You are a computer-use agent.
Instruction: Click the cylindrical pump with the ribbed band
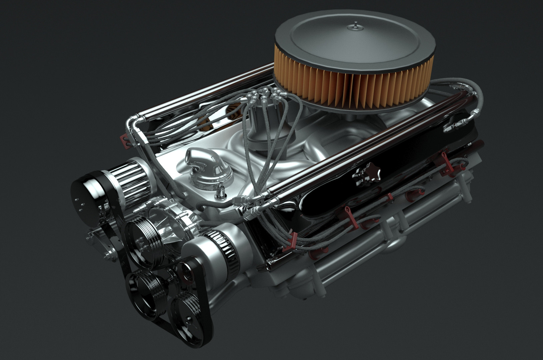(213, 250)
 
